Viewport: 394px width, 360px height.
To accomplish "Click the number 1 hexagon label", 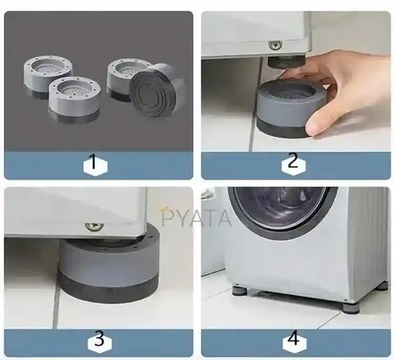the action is pos(96,165).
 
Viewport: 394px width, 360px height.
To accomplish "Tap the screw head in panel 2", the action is pos(275,45).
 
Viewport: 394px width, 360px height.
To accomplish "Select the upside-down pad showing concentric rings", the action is pos(156,91).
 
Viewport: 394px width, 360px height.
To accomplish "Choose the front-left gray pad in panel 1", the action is pos(74,100).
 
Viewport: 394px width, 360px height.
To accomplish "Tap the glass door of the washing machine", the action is pos(282,208).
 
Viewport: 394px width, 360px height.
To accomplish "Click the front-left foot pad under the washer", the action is pos(240,291).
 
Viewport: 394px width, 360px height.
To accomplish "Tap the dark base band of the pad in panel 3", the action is pos(109,287).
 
